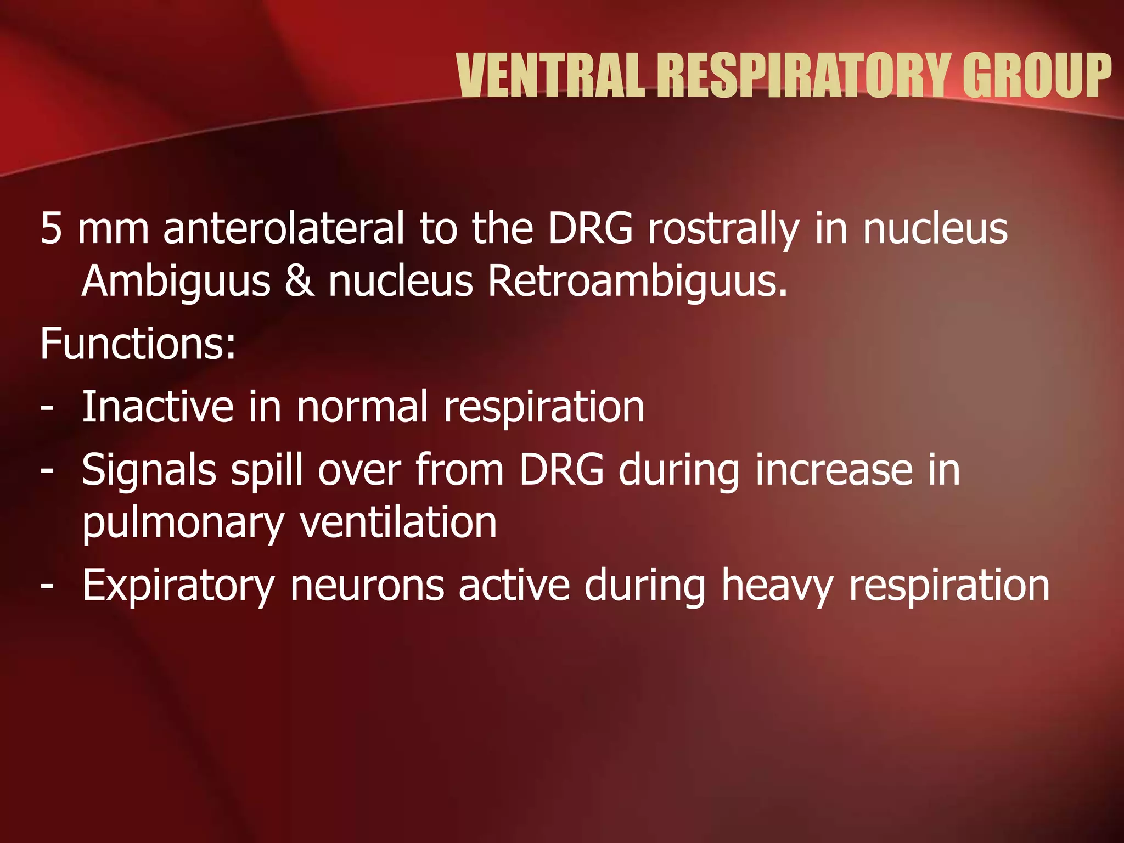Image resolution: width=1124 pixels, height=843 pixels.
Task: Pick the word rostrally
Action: [x=723, y=229]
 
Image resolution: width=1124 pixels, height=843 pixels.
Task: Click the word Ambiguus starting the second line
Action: [x=176, y=282]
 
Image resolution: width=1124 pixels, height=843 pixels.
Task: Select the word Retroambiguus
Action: [x=637, y=282]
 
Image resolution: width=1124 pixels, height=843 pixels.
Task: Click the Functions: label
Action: [x=138, y=344]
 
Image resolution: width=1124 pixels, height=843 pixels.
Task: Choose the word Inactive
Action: [x=158, y=407]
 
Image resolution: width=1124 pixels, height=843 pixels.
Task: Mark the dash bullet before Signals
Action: [x=48, y=470]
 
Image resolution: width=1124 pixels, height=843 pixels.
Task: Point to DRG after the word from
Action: [x=561, y=470]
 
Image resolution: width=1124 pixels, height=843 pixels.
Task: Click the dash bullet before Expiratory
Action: [x=48, y=586]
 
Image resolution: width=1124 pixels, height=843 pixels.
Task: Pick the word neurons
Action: [x=367, y=586]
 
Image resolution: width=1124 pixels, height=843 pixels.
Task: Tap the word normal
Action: [x=362, y=407]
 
